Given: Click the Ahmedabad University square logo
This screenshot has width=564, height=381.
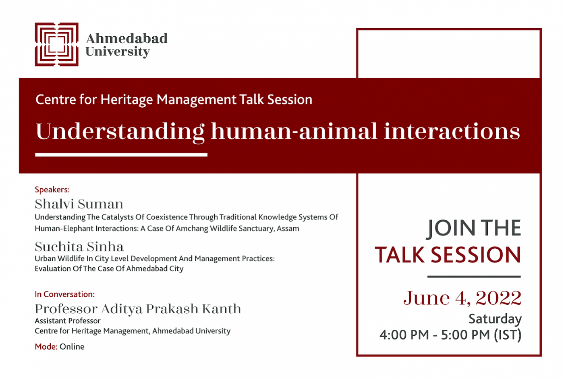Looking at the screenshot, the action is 57,44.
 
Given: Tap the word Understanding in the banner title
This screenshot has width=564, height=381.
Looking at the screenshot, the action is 120,132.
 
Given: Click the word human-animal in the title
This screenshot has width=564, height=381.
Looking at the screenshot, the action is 294,131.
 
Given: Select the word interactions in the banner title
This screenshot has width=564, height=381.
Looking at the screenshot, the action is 452,131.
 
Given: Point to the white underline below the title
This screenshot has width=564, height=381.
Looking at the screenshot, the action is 121,155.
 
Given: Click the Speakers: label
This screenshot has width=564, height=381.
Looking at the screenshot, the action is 52,189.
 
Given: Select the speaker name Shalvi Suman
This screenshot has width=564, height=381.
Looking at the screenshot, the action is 79,204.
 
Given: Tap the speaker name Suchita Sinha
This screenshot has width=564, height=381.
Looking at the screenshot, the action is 79,246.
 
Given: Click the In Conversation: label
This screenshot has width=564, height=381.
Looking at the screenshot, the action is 65,294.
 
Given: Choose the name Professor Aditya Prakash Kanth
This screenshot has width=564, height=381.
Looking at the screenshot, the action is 138,309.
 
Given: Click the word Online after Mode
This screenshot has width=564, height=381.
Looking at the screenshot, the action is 72,347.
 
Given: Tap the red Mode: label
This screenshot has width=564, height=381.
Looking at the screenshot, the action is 46,347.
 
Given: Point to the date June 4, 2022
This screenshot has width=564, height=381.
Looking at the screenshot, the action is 462,298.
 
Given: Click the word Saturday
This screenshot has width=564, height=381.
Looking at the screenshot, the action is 495,319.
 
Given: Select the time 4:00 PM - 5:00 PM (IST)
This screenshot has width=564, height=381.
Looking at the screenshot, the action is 450,335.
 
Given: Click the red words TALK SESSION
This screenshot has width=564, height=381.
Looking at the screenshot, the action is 448,255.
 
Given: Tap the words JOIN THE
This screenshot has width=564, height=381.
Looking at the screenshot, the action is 474,228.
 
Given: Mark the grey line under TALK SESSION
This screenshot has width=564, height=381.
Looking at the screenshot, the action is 474,277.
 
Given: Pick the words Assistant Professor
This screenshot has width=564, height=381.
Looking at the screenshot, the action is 68,321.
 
